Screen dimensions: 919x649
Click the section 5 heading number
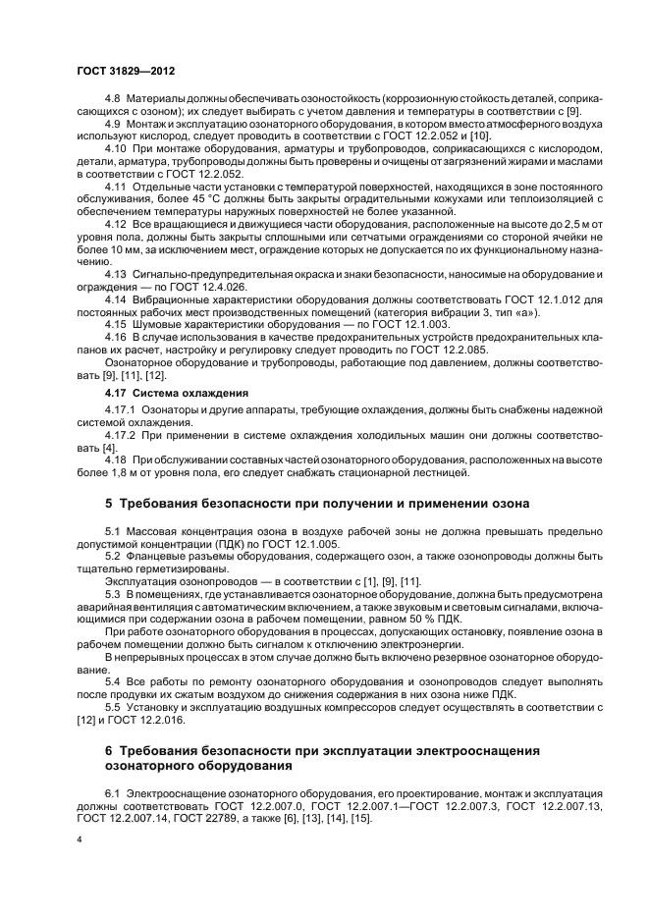point(109,504)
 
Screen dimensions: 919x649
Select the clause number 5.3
point(112,595)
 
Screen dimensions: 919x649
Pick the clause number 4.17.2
point(121,434)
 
